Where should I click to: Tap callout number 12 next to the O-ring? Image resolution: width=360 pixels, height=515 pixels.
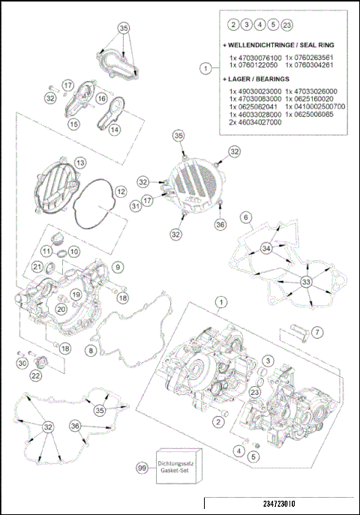point(120,192)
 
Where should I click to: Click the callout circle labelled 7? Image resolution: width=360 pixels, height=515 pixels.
point(317,331)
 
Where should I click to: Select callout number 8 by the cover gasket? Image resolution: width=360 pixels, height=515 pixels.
point(91,350)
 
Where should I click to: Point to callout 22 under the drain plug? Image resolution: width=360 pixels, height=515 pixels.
point(35,376)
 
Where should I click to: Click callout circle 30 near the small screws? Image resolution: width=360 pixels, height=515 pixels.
point(21,363)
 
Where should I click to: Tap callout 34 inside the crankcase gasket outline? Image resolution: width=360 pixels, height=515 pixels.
point(265,248)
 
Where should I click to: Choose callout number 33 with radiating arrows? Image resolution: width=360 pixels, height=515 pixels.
point(305,282)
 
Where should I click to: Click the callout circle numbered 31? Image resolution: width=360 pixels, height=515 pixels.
point(136,205)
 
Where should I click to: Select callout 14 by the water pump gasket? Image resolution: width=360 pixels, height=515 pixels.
point(115,129)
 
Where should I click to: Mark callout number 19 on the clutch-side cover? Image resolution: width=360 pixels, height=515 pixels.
point(76,295)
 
